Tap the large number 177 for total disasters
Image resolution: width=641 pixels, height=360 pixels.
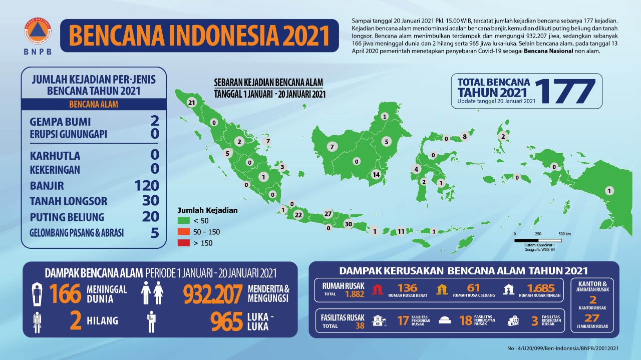click(x=564, y=91)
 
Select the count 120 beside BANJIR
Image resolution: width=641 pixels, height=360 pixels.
click(x=147, y=186)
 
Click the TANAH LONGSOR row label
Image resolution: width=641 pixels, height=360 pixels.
click(x=68, y=201)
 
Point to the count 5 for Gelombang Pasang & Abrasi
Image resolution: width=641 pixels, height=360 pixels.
click(x=155, y=233)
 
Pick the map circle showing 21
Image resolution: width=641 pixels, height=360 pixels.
click(x=191, y=103)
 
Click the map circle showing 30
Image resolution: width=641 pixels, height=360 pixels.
click(x=349, y=224)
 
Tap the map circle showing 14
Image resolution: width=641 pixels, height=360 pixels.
click(x=376, y=175)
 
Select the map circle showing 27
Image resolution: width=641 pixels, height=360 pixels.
click(x=328, y=214)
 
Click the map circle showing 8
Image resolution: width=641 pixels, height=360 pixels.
click(x=465, y=136)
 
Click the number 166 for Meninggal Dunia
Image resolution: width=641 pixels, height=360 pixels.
click(x=65, y=294)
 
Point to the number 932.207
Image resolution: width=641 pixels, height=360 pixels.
click(x=212, y=294)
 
